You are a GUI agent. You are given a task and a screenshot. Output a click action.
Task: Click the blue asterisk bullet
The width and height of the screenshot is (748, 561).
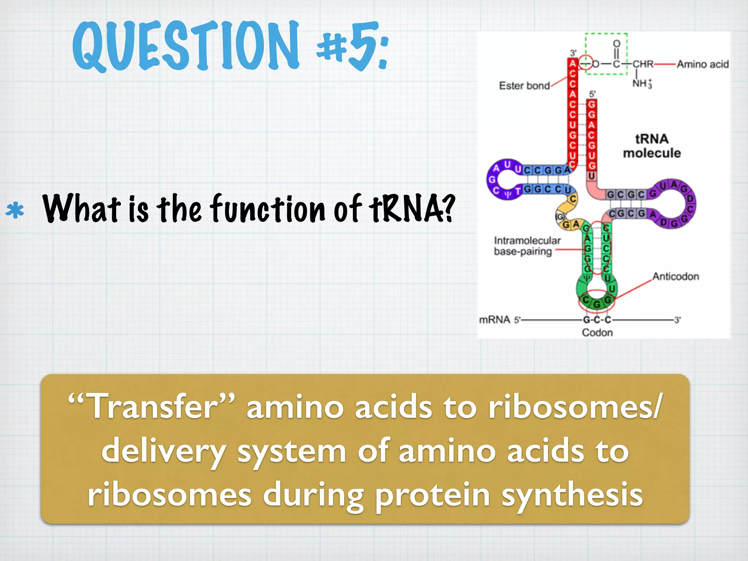(x=15, y=211)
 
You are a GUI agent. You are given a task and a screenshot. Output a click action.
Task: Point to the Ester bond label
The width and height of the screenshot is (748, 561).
(x=524, y=86)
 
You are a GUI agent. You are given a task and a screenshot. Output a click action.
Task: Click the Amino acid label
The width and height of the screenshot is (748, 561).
(x=702, y=64)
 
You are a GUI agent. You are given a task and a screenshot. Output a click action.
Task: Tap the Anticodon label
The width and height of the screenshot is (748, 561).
(x=675, y=276)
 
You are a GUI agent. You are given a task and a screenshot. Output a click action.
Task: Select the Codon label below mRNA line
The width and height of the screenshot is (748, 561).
(x=597, y=332)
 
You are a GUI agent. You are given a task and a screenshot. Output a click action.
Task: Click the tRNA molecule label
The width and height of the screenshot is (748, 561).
(x=652, y=146)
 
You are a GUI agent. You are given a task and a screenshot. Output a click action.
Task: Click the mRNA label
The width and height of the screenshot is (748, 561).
(x=495, y=320)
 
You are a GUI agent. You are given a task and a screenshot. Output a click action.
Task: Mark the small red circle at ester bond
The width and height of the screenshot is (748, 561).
(x=586, y=62)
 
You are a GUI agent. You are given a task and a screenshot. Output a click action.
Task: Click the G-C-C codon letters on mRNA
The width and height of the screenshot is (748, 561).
(x=597, y=320)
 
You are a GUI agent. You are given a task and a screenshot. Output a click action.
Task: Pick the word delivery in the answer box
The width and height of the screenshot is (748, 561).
(x=163, y=451)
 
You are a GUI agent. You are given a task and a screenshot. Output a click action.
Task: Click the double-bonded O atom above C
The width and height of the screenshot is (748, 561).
(x=617, y=44)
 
